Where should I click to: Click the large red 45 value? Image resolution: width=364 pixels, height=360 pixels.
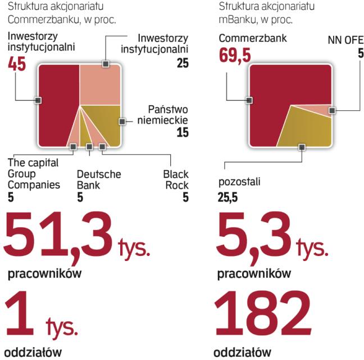17,64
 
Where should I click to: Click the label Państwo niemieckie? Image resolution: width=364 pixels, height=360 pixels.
168,115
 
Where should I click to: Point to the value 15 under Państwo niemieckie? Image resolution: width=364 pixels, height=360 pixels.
182,133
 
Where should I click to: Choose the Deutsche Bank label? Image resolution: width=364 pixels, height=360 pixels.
99,179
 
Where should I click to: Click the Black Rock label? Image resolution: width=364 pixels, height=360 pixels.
176,179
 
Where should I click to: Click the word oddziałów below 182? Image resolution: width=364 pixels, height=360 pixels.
242,352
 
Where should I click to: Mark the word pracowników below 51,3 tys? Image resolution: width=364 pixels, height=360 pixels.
45,274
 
